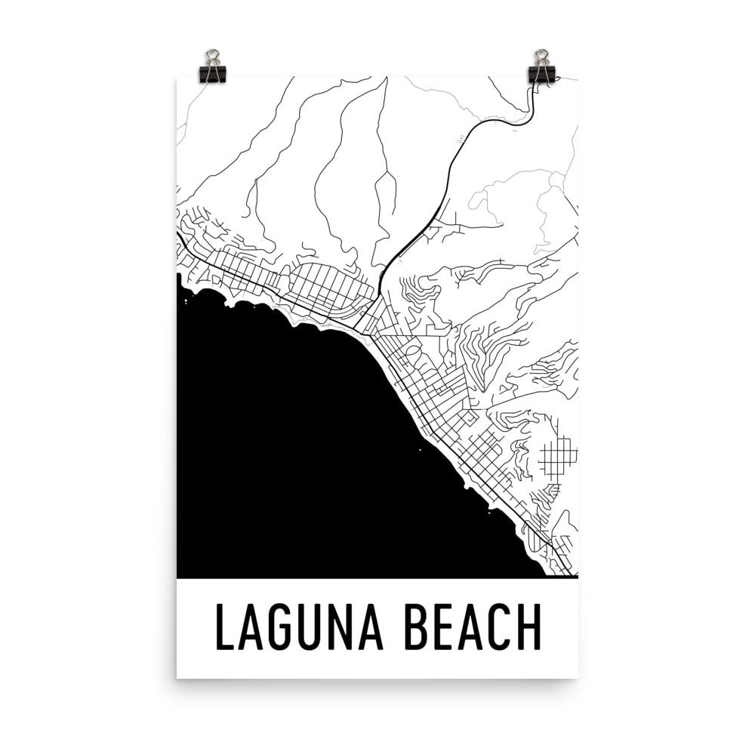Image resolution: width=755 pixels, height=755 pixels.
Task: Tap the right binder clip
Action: click(541, 66)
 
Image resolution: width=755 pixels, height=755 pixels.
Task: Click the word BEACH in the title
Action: click(473, 627)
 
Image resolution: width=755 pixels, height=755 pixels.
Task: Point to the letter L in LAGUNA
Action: click(224, 627)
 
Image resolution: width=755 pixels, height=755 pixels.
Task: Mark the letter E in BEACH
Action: click(442, 627)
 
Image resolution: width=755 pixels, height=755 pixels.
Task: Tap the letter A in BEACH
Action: click(470, 627)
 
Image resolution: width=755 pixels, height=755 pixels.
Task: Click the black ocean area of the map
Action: click(302, 453)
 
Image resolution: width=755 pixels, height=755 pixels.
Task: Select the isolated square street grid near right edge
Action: click(559, 455)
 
